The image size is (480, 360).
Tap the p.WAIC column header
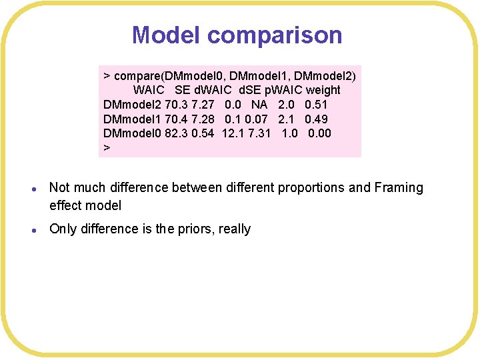click(285, 90)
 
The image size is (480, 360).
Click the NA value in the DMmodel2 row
click(259, 105)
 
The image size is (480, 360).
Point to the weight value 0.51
click(316, 105)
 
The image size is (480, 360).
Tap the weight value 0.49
click(316, 119)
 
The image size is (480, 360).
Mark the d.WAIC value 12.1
click(233, 133)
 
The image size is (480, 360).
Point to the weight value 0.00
click(319, 133)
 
